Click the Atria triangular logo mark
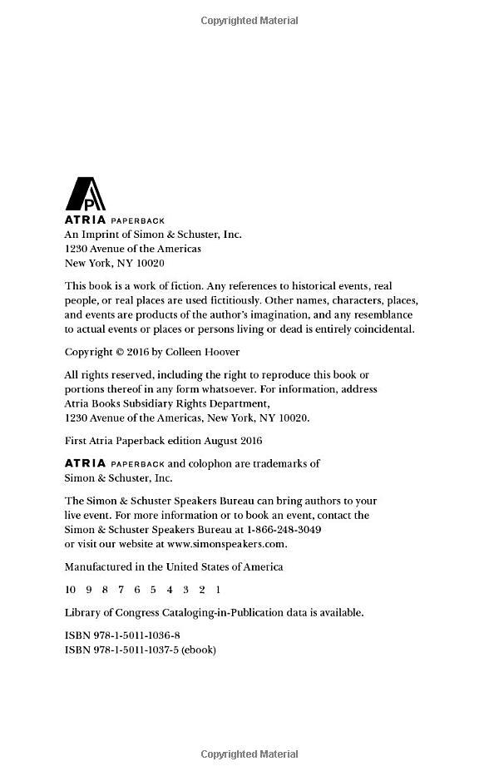pyautogui.click(x=85, y=194)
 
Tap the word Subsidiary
pyautogui.click(x=154, y=403)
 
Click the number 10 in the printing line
pyautogui.click(x=70, y=590)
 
